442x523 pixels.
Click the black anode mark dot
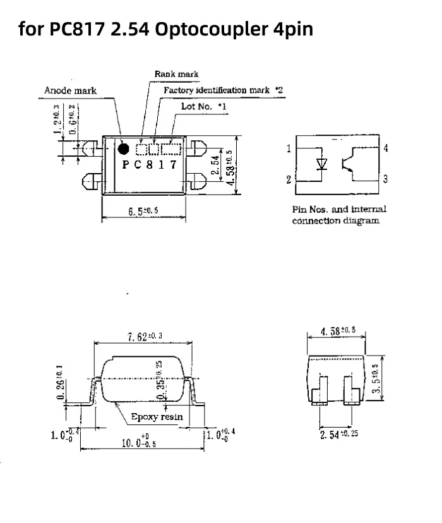pos(124,148)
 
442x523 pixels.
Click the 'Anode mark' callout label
pos(70,90)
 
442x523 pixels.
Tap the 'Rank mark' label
pos(176,74)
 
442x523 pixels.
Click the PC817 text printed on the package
pos(149,165)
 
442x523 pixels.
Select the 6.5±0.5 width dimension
pos(143,212)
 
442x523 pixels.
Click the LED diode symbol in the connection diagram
pos(322,163)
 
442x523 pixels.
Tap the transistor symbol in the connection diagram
pos(348,162)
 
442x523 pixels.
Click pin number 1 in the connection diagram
pos(289,148)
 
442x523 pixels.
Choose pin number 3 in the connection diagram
pos(385,179)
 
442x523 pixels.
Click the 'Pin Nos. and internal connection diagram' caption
pos(338,215)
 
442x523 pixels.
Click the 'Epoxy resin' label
pos(157,416)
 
